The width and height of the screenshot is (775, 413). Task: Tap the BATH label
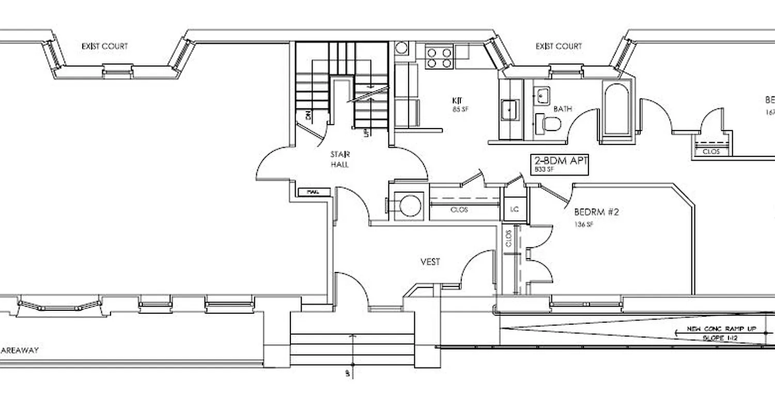click(x=563, y=109)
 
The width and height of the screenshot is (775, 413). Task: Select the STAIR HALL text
click(x=340, y=159)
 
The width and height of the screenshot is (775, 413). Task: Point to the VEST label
click(x=430, y=262)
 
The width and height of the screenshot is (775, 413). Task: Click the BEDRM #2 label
click(x=596, y=212)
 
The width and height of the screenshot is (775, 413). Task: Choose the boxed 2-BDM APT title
click(x=560, y=161)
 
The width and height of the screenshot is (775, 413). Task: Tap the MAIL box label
click(x=312, y=192)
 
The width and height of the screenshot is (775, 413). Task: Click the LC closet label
click(x=514, y=209)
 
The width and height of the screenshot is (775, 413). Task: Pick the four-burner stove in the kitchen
click(x=439, y=57)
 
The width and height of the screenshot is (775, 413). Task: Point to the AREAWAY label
click(x=19, y=350)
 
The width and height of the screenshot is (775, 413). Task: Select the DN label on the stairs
click(x=308, y=116)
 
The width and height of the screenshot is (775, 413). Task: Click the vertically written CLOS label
click(x=508, y=239)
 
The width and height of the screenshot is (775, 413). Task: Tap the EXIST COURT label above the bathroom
click(x=559, y=46)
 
